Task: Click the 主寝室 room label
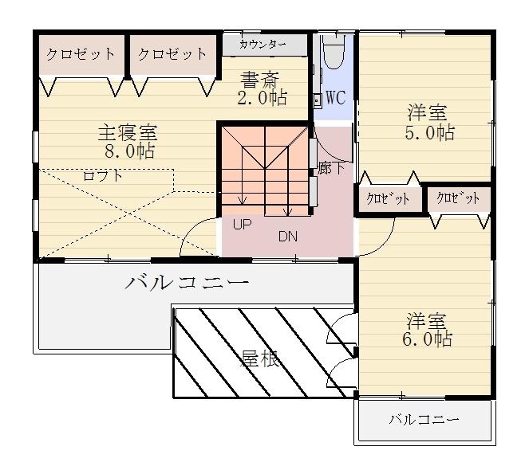point(128,132)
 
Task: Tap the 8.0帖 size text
point(129,151)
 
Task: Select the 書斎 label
point(260,80)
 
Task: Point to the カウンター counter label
point(262,44)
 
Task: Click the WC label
point(335,98)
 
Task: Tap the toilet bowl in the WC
point(334,51)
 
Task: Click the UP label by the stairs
point(242,225)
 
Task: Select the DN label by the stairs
point(288,237)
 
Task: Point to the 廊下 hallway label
point(331,167)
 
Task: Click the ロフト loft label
point(103,176)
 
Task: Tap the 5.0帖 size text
point(430,132)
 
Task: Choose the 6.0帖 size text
point(427,339)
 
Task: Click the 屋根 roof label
point(260,358)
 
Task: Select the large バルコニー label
point(187,283)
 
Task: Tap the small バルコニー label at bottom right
point(424,419)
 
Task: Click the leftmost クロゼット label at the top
point(81,54)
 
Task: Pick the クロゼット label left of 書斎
point(172,54)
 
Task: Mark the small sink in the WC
point(317,100)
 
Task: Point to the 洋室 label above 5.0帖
point(427,112)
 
